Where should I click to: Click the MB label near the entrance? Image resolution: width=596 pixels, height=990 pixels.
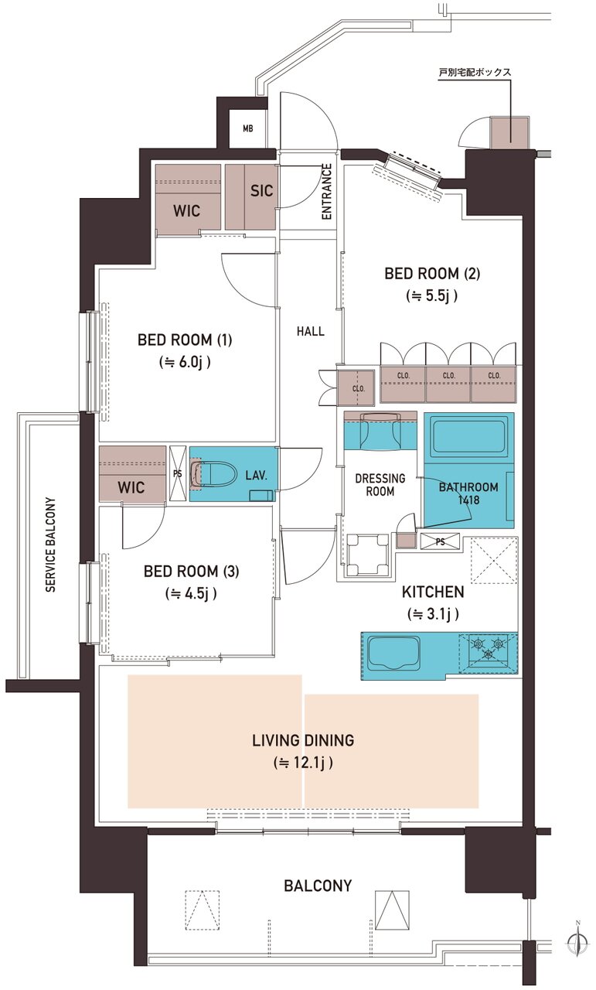[x=248, y=129]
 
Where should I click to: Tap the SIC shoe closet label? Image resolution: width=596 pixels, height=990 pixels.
[x=261, y=190]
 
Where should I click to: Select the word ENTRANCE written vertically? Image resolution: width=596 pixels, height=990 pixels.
[x=326, y=192]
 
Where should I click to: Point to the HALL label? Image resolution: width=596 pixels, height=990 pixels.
[x=310, y=331]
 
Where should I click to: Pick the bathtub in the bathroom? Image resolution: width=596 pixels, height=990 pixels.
[x=468, y=438]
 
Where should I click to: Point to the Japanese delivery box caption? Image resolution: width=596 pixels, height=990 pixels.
[x=475, y=72]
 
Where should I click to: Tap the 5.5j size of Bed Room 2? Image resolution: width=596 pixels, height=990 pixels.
[x=431, y=295]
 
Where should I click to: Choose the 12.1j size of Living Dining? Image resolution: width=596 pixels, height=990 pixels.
[x=303, y=763]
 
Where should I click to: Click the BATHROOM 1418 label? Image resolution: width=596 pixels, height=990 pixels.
[x=468, y=493]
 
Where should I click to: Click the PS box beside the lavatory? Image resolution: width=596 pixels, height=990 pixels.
[x=178, y=473]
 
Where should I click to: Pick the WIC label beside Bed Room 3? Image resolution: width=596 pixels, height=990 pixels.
[x=131, y=487]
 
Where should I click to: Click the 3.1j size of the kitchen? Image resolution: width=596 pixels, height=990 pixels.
[x=433, y=614]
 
